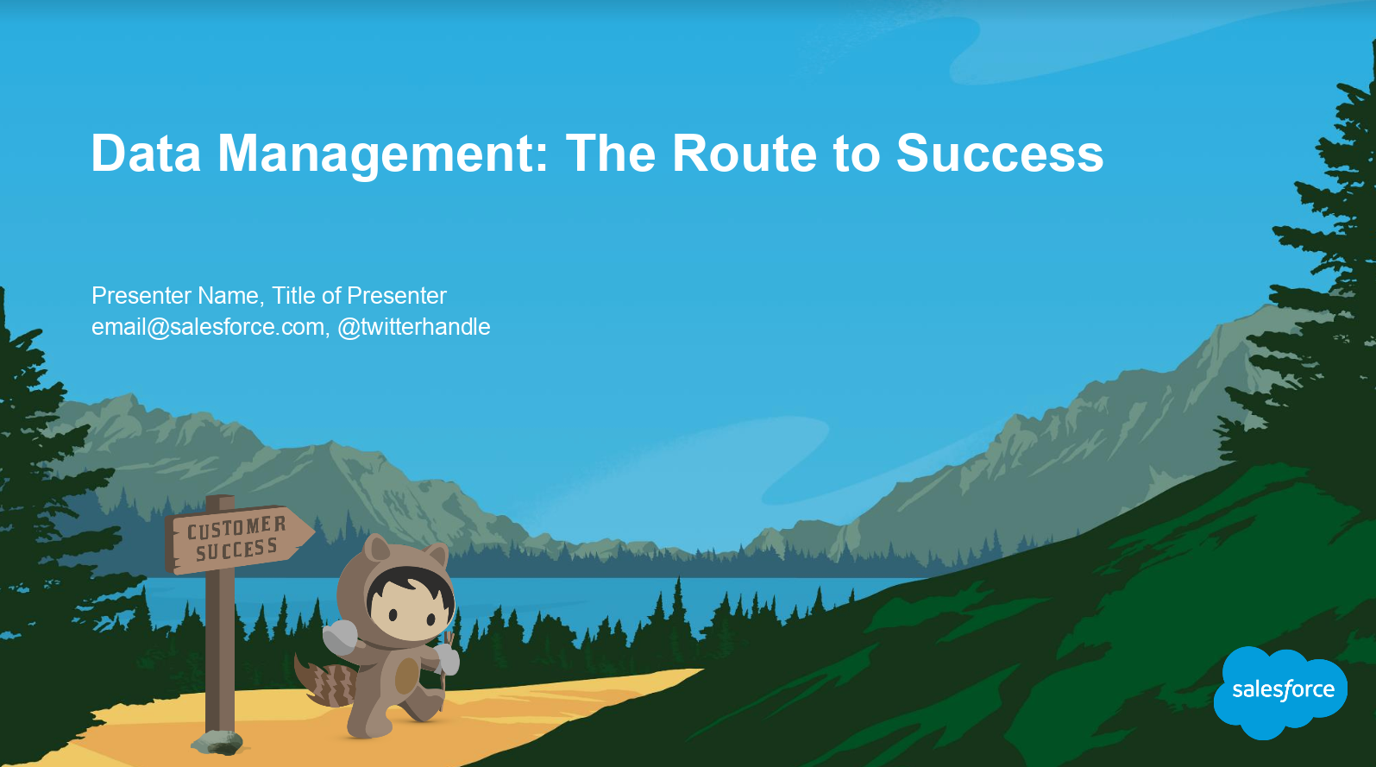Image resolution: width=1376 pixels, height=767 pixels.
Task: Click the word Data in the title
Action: (x=146, y=153)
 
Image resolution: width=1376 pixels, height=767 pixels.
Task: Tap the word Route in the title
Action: (x=745, y=153)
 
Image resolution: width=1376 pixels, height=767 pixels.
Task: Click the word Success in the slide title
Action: (x=1000, y=153)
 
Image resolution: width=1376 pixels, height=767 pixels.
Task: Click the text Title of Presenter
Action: (x=359, y=296)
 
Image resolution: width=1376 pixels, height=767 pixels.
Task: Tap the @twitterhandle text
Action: (x=413, y=327)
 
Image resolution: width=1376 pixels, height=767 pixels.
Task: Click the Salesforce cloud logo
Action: (x=1281, y=692)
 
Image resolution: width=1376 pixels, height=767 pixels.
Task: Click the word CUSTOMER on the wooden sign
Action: (x=237, y=527)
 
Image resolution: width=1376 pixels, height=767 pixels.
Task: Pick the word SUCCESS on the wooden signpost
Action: (x=237, y=549)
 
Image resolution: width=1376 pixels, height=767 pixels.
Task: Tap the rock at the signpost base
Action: (x=217, y=742)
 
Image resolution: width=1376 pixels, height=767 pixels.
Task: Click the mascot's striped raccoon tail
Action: (x=325, y=682)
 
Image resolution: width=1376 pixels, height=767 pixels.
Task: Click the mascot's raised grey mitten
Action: (x=340, y=637)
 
